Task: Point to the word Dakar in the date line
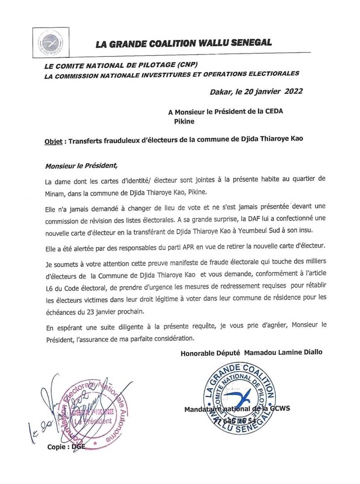click(221, 92)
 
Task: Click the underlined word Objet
click(54, 139)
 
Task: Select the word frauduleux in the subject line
click(122, 139)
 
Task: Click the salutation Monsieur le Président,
click(81, 165)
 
